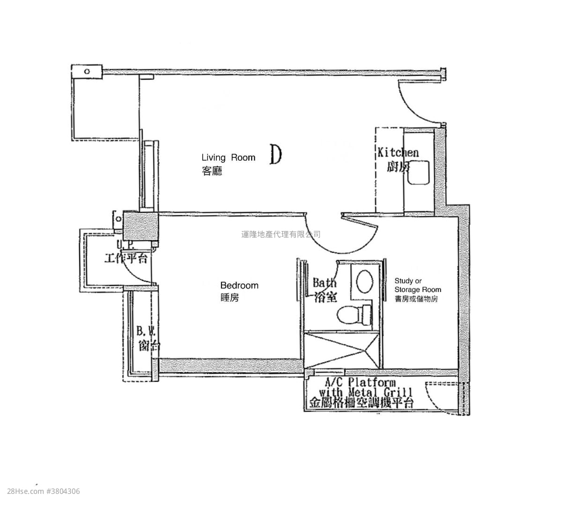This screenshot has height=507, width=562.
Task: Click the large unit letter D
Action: coord(276,155)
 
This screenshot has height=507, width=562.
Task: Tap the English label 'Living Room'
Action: coord(229,158)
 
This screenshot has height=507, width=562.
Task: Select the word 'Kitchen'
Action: coord(398,152)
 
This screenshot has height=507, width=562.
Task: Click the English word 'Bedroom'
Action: coord(239,285)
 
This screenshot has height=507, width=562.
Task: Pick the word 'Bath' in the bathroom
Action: coord(325,283)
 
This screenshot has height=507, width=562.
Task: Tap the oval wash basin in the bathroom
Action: coord(365,281)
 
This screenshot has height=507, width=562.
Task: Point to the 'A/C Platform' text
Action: coord(360,383)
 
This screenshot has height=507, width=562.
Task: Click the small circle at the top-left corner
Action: coord(87,71)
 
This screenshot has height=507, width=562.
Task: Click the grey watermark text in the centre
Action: coord(281,234)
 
